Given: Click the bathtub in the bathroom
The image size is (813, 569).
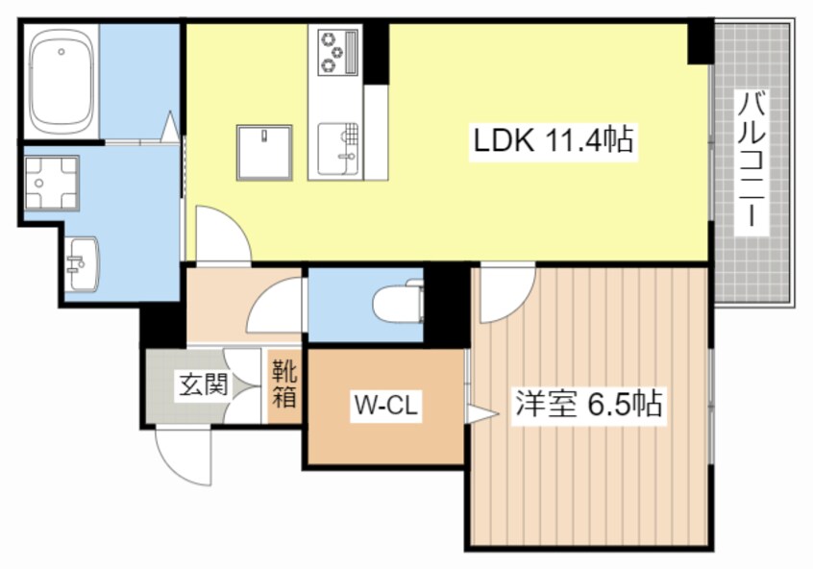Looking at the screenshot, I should click(x=62, y=81).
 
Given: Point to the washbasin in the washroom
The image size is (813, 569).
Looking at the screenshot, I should click(x=85, y=261).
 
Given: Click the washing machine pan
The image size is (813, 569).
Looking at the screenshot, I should click(x=52, y=183).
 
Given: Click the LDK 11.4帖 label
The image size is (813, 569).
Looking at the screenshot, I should click(x=552, y=141).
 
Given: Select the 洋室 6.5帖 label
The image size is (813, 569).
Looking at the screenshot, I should click(x=588, y=403).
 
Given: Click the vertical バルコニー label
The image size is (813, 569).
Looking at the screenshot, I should click(x=751, y=162).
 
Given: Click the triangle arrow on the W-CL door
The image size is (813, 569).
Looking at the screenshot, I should click(x=481, y=414).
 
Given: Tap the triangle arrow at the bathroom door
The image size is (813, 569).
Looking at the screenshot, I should click(x=171, y=126).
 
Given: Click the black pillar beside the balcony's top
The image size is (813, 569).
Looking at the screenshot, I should click(x=701, y=43).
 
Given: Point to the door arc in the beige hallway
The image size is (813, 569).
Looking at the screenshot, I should click(x=275, y=310).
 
